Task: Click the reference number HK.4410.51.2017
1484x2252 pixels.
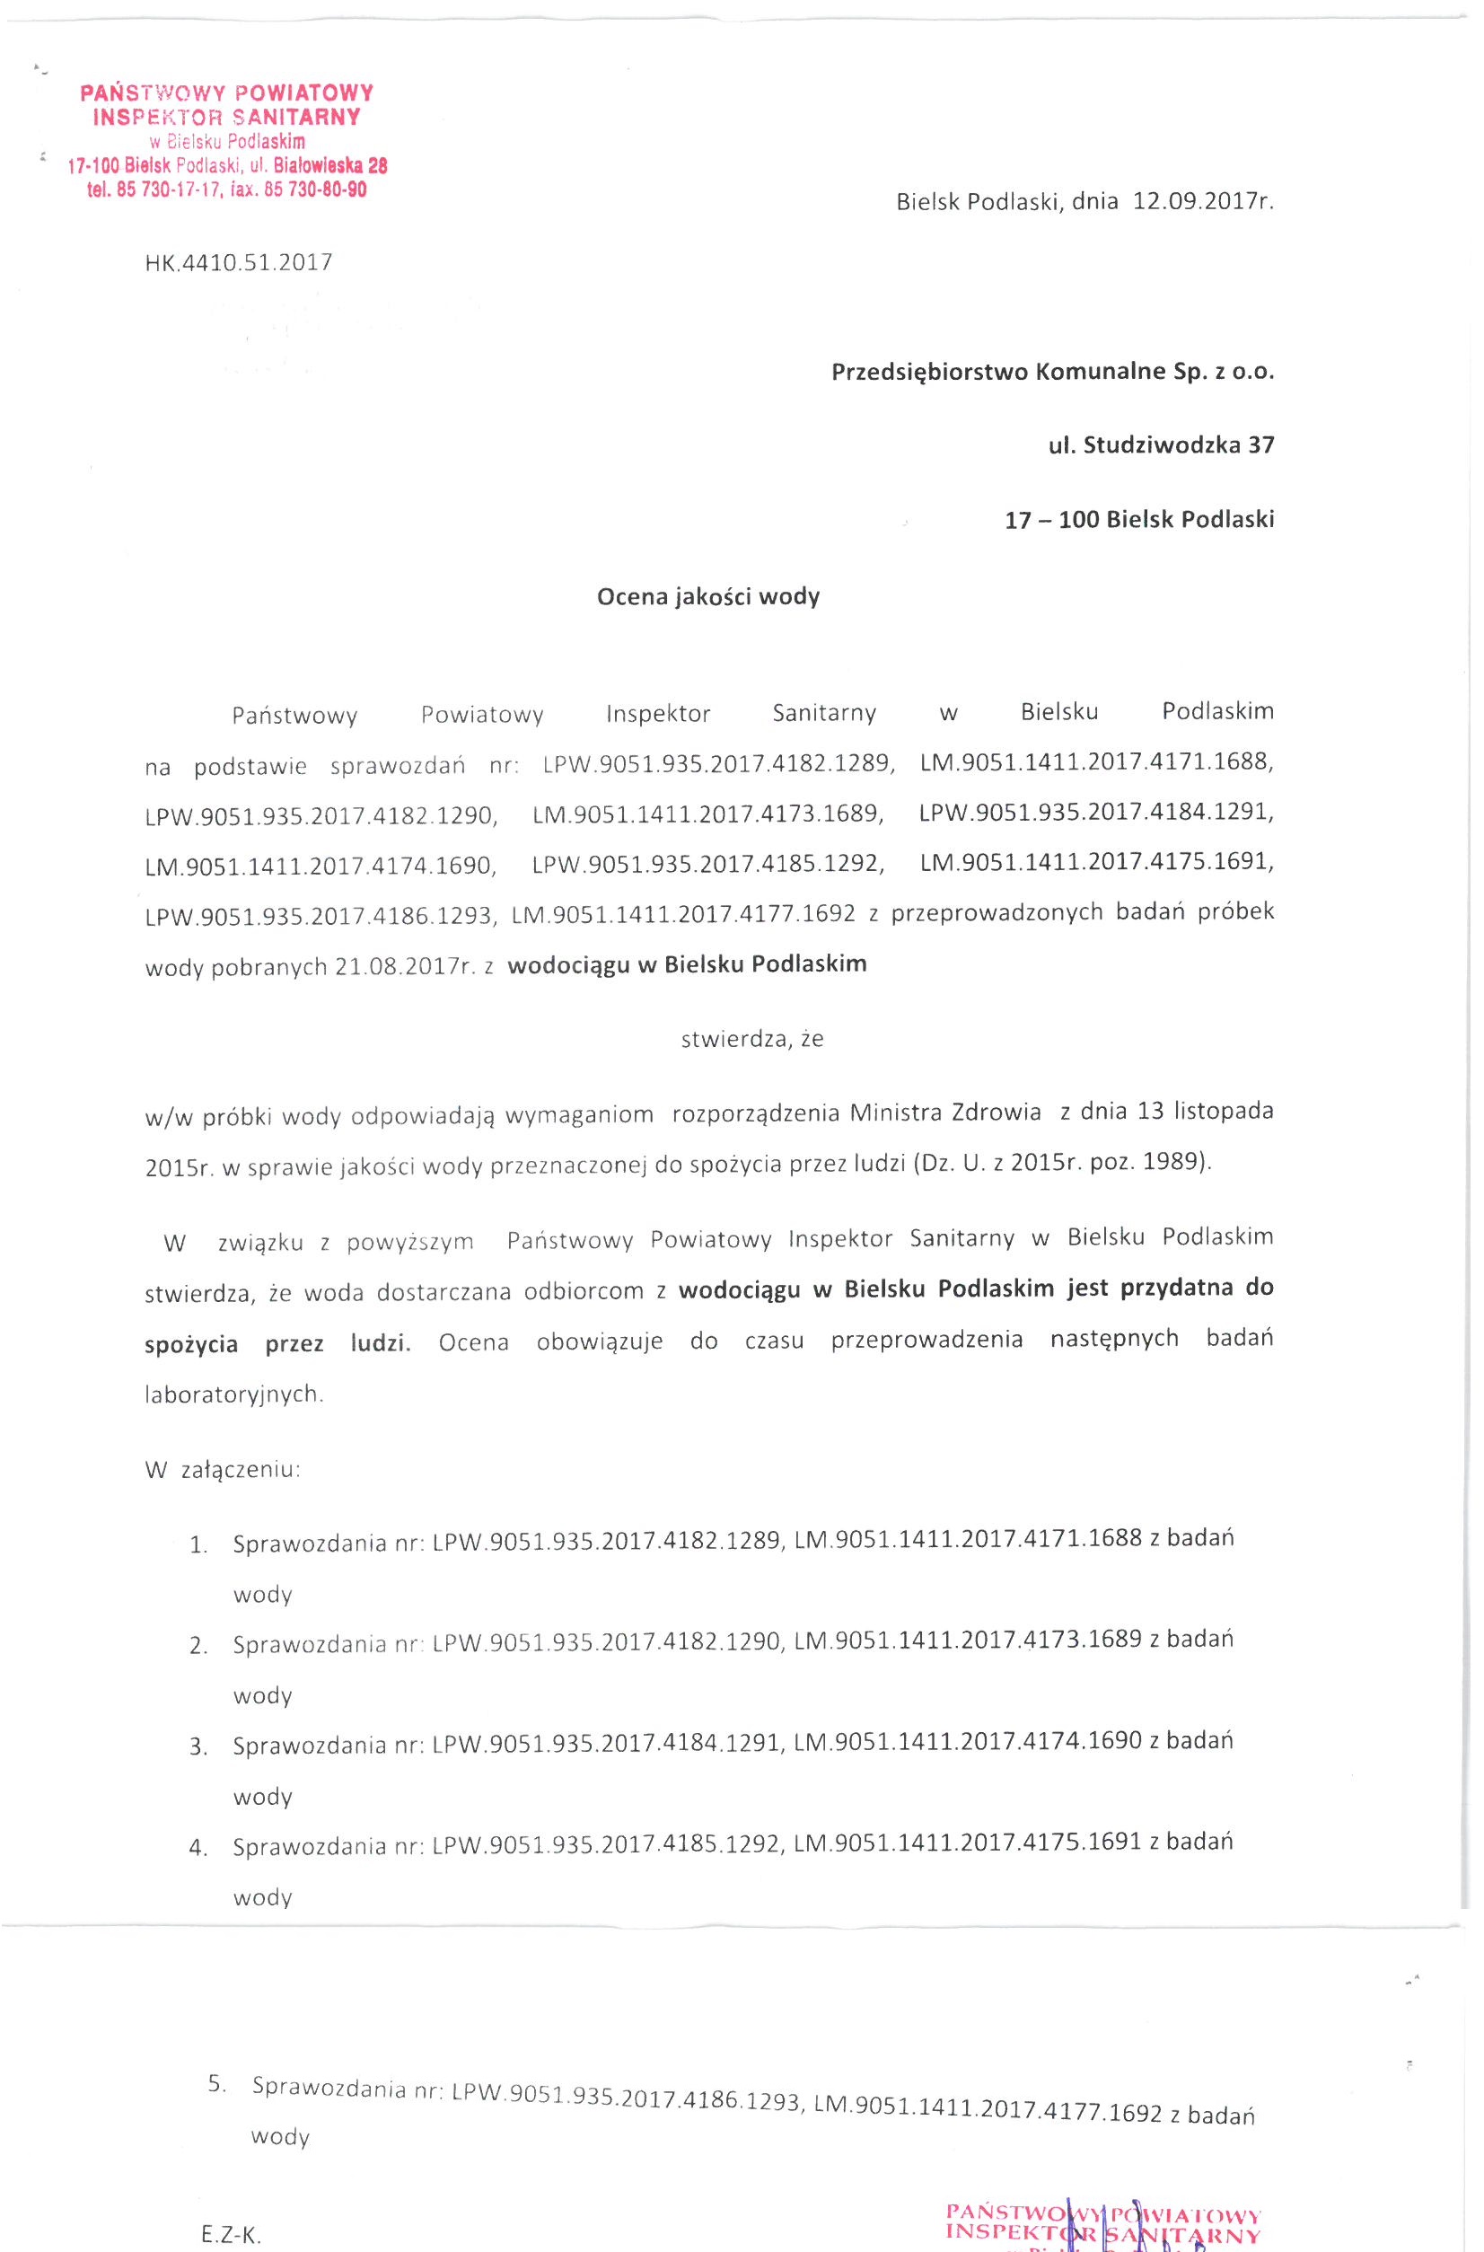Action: [239, 262]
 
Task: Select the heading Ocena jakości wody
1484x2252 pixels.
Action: [708, 596]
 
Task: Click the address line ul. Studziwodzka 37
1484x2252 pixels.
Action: [1162, 444]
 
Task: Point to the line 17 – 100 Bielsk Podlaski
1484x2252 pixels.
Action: [1139, 519]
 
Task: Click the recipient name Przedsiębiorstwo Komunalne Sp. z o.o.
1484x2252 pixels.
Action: [1052, 371]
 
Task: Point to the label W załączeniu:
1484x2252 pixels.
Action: [223, 1469]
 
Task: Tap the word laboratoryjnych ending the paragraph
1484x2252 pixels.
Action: [233, 1394]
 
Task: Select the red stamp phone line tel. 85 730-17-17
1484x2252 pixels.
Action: [156, 190]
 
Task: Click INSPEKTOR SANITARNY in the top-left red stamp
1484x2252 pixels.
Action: [227, 118]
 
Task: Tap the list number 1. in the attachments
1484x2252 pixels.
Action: [198, 1546]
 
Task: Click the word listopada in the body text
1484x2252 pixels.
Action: [1224, 1111]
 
